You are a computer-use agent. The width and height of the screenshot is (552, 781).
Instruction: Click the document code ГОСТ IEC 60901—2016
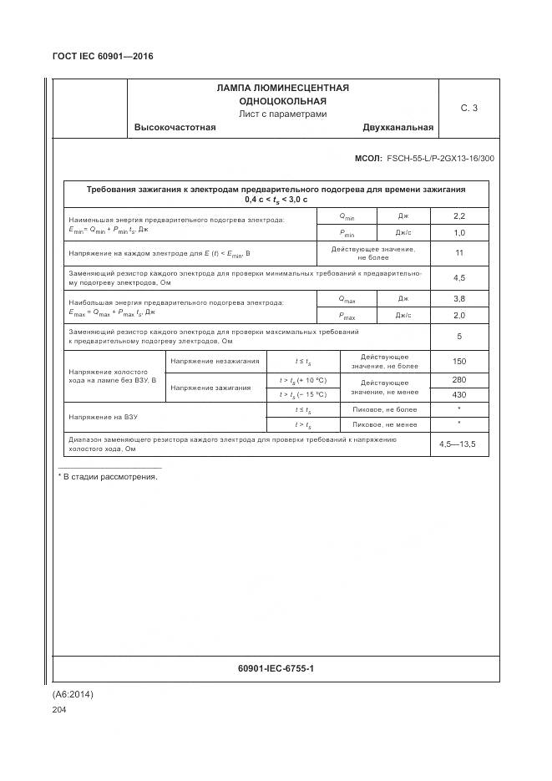point(103,57)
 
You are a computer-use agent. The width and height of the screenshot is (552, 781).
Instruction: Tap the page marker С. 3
point(468,108)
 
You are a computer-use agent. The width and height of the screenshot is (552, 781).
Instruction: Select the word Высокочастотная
point(175,128)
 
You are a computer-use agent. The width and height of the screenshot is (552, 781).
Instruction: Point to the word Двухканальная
point(398,128)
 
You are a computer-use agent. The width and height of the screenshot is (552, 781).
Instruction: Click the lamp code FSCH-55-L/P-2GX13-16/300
point(440,158)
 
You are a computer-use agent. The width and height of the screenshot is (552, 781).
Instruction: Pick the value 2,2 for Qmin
point(458,216)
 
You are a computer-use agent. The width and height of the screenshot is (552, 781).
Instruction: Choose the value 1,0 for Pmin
point(458,233)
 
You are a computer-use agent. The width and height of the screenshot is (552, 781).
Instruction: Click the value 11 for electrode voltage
point(458,253)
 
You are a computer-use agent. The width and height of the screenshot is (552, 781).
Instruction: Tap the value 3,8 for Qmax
point(458,298)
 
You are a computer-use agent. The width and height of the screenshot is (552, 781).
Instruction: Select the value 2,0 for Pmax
point(458,316)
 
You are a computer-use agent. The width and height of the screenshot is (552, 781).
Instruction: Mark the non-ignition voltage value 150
point(458,361)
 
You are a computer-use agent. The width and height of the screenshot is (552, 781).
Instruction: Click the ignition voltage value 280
point(458,380)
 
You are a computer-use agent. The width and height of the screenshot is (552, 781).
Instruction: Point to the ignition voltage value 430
point(458,394)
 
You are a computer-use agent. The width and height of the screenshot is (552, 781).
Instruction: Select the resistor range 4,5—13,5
point(458,444)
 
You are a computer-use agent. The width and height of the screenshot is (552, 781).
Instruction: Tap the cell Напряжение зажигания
point(214,388)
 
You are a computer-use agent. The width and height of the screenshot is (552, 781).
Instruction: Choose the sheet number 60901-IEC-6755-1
point(276,669)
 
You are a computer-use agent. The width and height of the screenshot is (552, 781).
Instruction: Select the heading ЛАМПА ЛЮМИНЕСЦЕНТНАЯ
point(282,88)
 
